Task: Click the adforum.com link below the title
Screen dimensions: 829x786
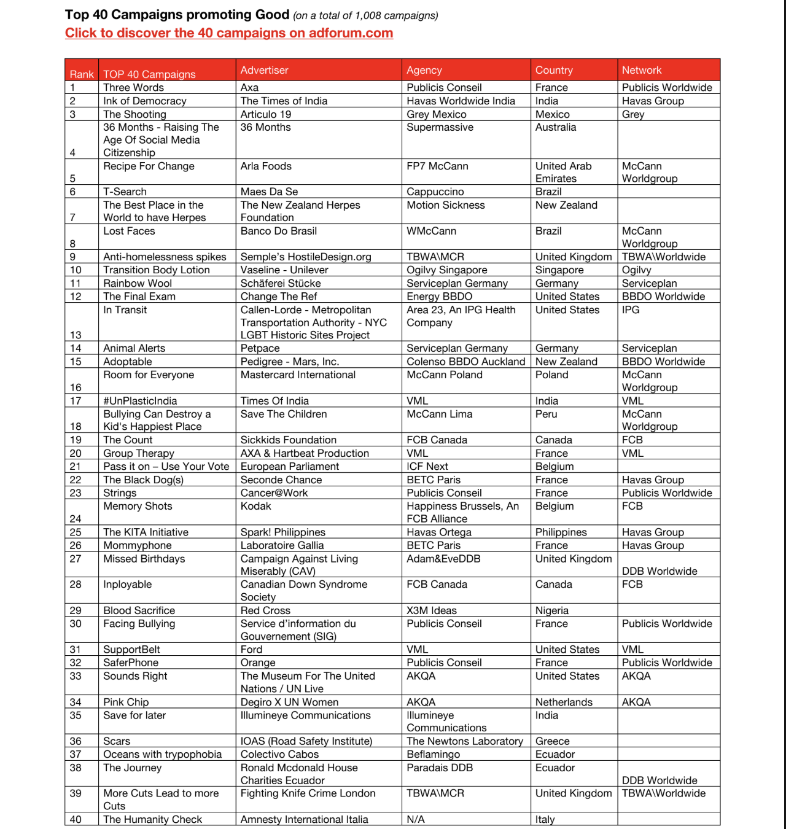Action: pos(229,33)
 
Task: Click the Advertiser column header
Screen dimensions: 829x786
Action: pos(264,70)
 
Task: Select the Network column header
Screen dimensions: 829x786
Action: pos(642,70)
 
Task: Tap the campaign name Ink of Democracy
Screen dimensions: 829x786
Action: pos(144,101)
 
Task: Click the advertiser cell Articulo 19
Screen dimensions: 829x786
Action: pos(265,114)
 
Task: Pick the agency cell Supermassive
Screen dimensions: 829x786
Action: pos(440,127)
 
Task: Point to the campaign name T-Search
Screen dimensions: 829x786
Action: pos(125,192)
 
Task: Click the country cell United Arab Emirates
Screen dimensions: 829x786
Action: pos(563,172)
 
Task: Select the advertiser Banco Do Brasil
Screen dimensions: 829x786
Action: pos(278,231)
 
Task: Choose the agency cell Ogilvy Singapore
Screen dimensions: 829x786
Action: pos(446,270)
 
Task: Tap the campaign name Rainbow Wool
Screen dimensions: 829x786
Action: pos(138,283)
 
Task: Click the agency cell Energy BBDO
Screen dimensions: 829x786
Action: pos(439,296)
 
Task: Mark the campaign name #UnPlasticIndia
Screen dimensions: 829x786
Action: pos(140,400)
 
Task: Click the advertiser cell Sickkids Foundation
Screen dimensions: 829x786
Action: pos(288,440)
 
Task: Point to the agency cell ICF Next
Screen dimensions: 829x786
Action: pos(427,466)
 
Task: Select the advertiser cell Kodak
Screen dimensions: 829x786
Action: pos(255,506)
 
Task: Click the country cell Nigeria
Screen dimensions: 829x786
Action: pos(551,610)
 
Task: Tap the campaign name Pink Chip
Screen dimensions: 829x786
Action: pos(126,702)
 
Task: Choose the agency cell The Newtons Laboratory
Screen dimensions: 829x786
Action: pos(464,741)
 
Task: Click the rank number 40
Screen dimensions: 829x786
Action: pos(76,819)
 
